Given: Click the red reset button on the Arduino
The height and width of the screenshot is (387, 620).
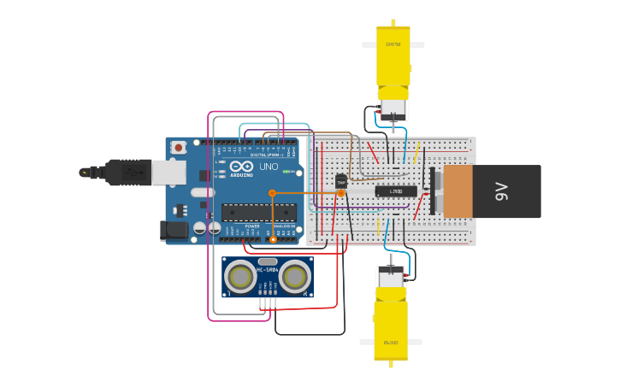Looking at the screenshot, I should [178, 147].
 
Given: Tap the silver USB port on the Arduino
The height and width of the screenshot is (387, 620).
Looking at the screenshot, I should [168, 173].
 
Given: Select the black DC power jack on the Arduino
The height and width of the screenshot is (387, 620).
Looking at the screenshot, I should [174, 229].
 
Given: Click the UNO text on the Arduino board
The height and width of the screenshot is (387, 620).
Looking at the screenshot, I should [269, 167].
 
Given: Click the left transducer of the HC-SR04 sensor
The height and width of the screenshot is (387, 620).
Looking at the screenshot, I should [240, 276].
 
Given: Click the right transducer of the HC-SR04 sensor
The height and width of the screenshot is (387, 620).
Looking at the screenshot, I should [295, 276].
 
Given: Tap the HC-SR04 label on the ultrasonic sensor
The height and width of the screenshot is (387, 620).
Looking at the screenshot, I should [268, 270].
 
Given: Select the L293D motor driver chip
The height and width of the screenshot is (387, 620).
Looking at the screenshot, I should [396, 191].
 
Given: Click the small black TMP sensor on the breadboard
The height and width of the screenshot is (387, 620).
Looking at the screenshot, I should [341, 181].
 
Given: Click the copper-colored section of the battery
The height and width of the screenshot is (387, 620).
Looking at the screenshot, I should [458, 191].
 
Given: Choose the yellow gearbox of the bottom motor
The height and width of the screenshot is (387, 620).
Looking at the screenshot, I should [391, 323].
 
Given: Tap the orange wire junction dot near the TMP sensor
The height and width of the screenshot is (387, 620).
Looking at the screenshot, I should [341, 193].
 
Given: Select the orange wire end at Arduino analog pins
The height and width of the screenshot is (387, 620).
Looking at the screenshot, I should [273, 240].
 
